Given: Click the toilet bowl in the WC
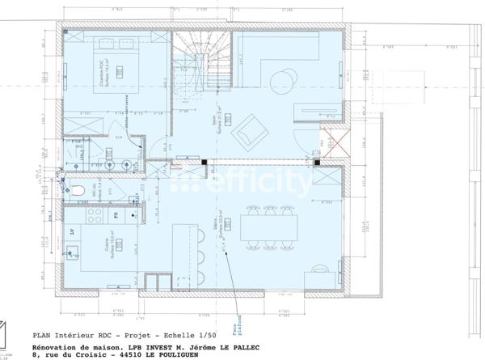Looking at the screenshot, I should (x=76, y=191).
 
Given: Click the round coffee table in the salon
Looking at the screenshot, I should (x=284, y=79).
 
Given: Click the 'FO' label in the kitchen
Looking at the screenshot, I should (x=116, y=216).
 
